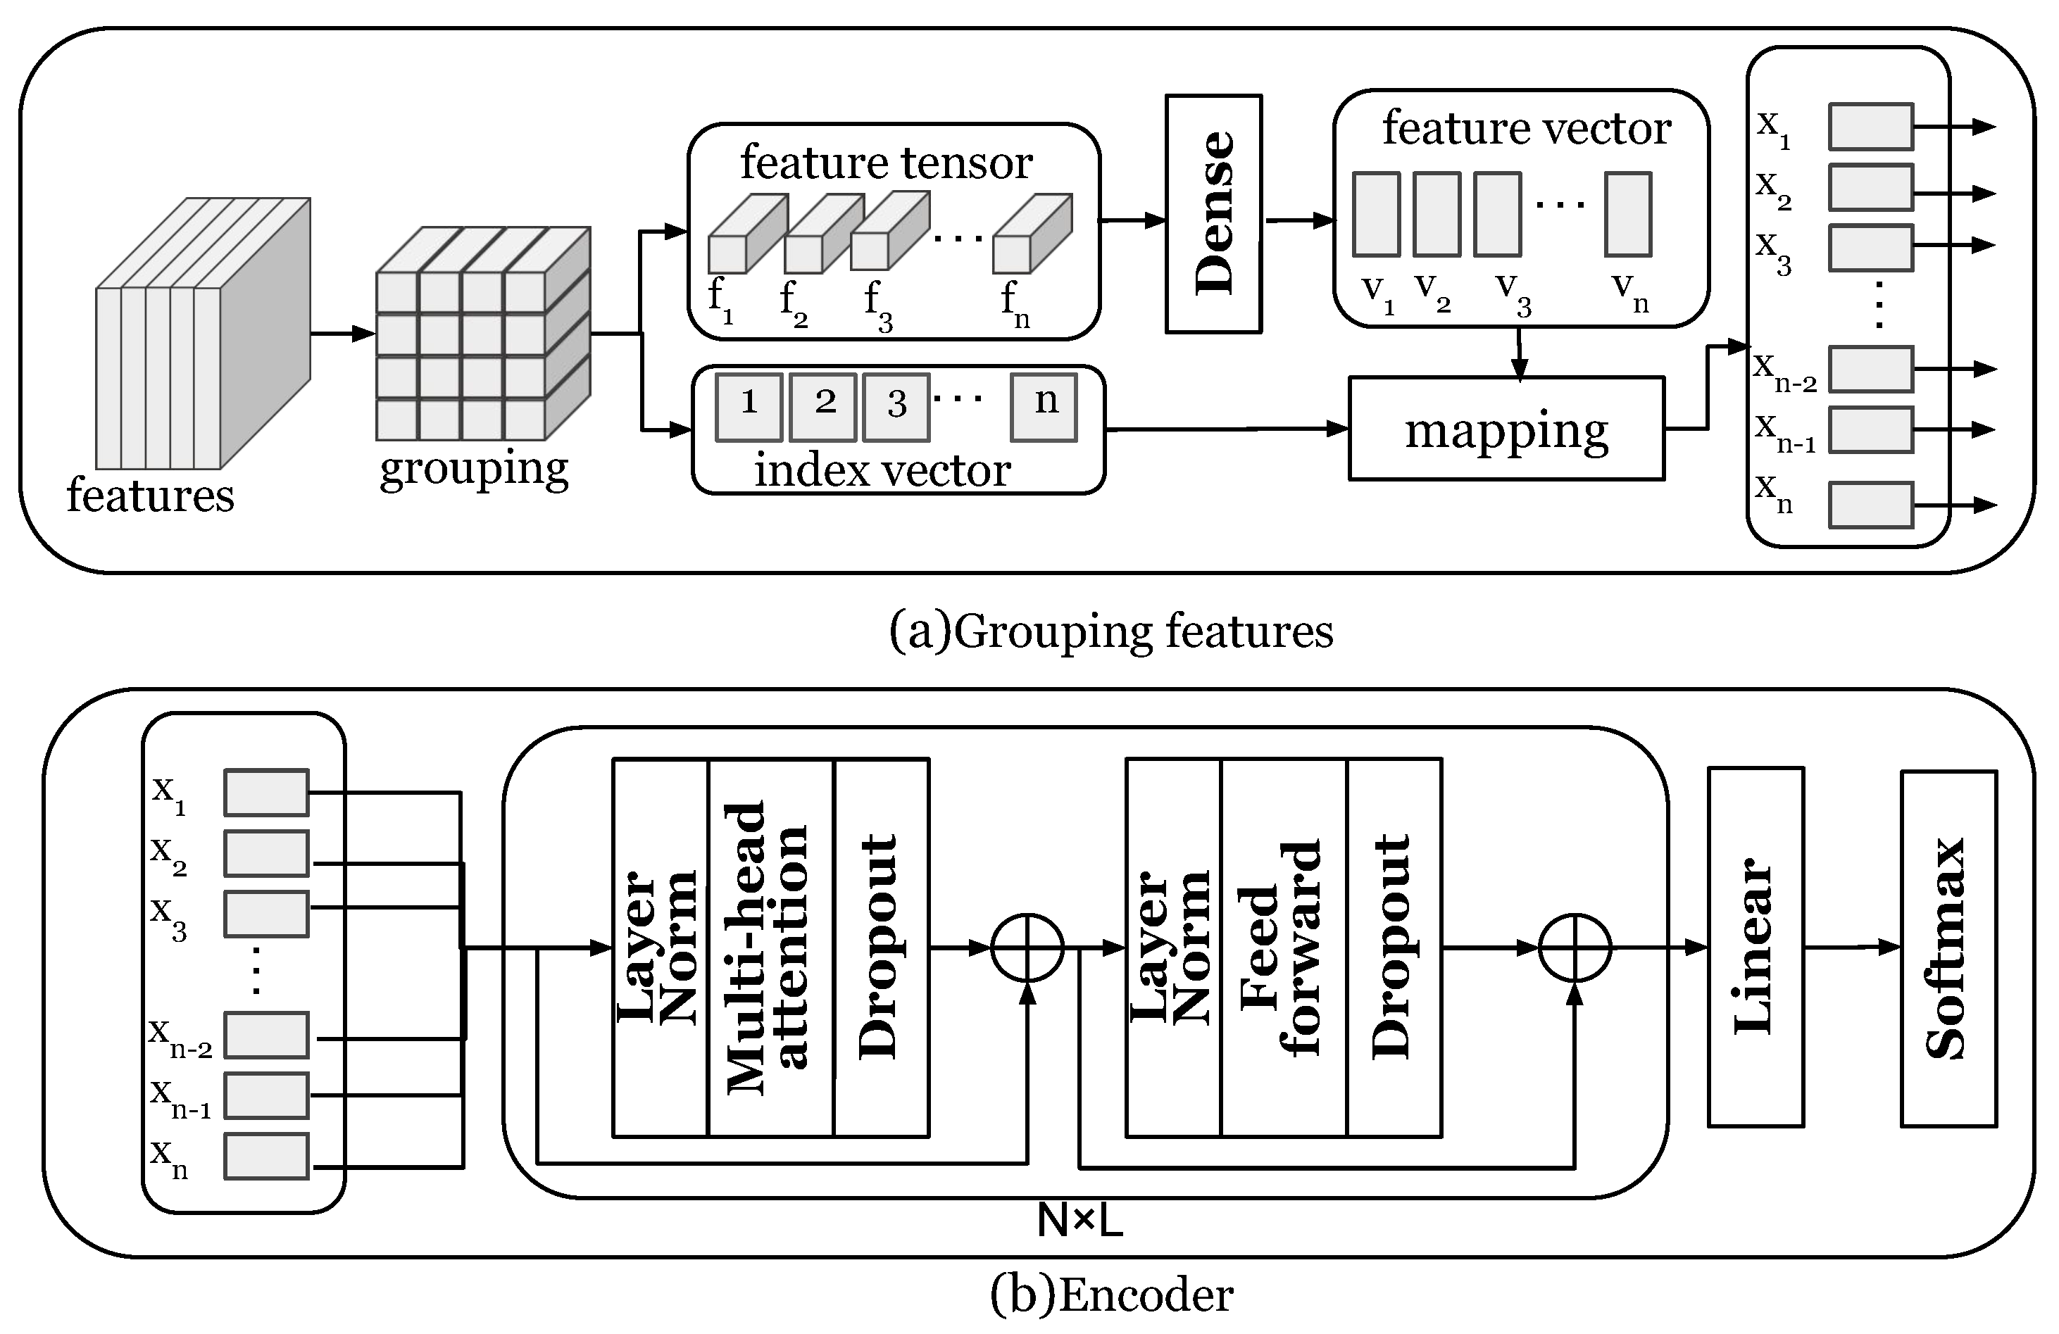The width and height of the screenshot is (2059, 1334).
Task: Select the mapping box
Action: pos(1506,428)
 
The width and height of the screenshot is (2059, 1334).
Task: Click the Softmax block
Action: pos(1948,948)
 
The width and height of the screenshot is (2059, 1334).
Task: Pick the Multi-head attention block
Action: pos(770,948)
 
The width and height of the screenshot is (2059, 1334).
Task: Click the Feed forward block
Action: pos(1283,948)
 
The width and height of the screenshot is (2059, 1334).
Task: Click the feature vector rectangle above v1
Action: pos(1375,214)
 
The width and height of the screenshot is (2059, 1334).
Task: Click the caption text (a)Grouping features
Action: pos(1110,631)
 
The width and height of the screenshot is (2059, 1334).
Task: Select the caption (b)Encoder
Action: pos(1110,1295)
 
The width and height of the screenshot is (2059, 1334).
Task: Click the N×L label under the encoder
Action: pos(1079,1221)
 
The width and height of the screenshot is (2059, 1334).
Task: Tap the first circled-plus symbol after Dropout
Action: pos(1027,948)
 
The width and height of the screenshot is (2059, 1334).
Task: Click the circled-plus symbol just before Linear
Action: pos(1575,948)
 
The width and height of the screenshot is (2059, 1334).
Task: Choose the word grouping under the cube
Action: pos(474,468)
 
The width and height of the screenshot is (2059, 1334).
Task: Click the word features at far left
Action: pos(151,495)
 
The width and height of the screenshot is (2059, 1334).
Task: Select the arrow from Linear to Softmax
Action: pos(1851,948)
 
